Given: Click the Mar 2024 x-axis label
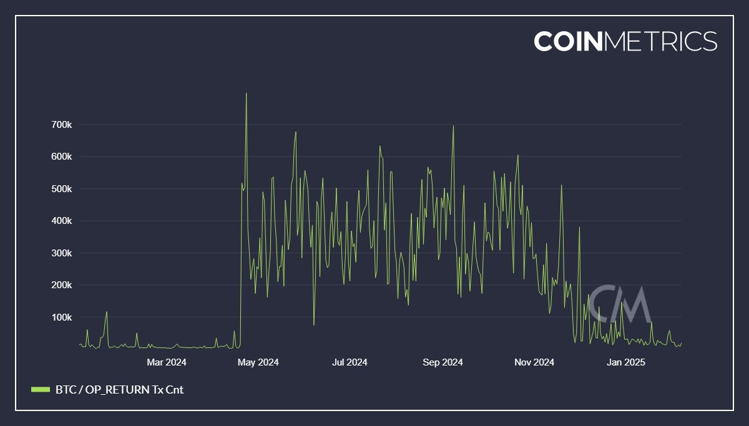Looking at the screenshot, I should click(x=167, y=362).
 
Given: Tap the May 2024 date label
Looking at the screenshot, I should click(x=258, y=362).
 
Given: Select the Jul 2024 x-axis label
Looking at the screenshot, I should click(x=350, y=362).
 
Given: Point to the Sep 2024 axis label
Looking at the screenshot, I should click(x=442, y=362).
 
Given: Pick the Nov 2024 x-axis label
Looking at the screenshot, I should click(x=534, y=362).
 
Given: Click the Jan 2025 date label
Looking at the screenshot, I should click(x=625, y=362).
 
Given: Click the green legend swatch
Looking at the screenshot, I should click(x=40, y=390).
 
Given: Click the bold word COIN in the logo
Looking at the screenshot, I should click(x=569, y=41).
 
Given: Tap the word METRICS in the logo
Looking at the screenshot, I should click(x=661, y=41).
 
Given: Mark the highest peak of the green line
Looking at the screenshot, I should click(x=246, y=94).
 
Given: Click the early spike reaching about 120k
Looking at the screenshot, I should click(x=107, y=311).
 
